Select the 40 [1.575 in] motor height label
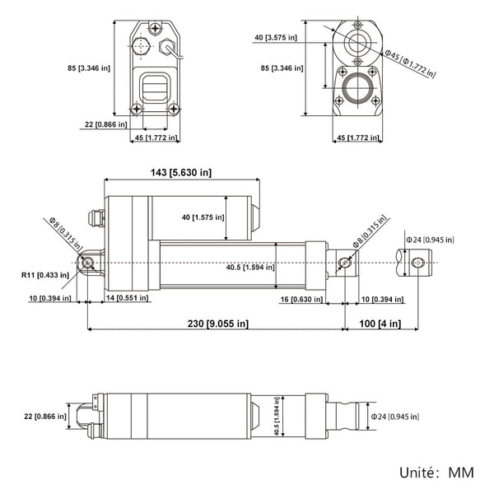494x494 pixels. [x=203, y=217]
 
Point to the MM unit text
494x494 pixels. [x=461, y=475]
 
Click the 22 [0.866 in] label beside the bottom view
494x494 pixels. [x=46, y=417]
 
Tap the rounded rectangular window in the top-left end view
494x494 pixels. [x=155, y=86]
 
